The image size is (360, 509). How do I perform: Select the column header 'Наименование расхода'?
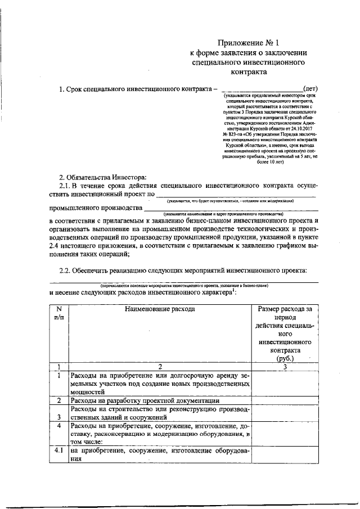point(160,309)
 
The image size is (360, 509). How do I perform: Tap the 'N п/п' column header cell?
point(58,313)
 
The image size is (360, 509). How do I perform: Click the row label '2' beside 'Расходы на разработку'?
point(58,400)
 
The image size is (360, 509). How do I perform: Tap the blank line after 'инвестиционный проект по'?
point(236,194)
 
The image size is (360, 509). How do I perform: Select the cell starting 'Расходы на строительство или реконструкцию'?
point(160,413)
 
